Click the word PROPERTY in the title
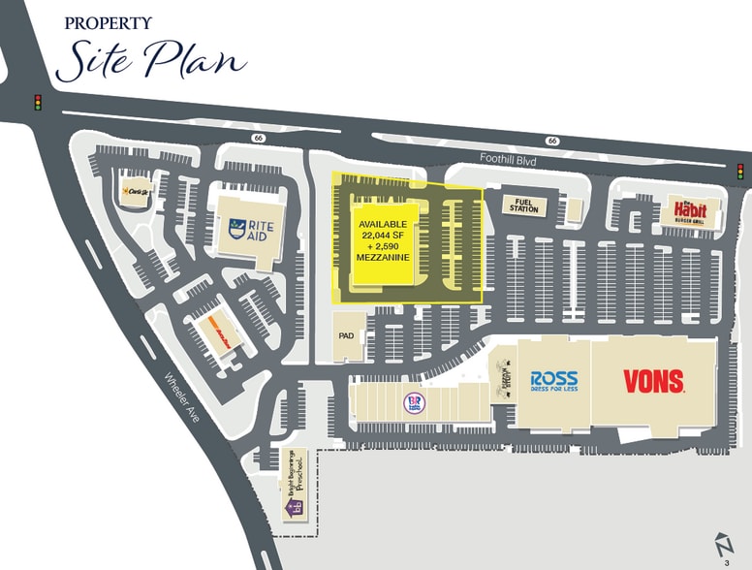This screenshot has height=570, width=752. [108, 22]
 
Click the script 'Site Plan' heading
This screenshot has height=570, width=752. [151, 59]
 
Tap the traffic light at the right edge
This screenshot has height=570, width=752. [739, 172]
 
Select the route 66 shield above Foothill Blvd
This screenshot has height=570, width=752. [551, 141]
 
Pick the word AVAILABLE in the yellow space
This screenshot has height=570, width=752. [383, 224]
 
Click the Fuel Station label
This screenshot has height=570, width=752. [523, 206]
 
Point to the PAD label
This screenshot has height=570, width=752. [346, 335]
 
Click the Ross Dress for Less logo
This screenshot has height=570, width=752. [553, 380]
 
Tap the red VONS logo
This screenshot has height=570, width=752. [653, 381]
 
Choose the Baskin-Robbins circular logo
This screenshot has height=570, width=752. [415, 402]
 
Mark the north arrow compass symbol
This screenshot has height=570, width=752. [721, 544]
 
